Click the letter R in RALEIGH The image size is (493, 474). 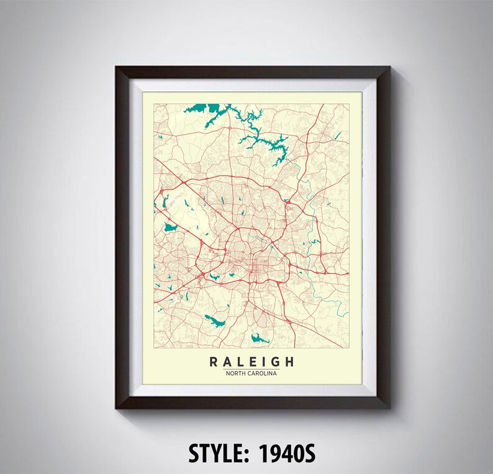click(214, 362)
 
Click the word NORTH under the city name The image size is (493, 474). click(235, 373)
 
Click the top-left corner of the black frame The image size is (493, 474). click(116, 66)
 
